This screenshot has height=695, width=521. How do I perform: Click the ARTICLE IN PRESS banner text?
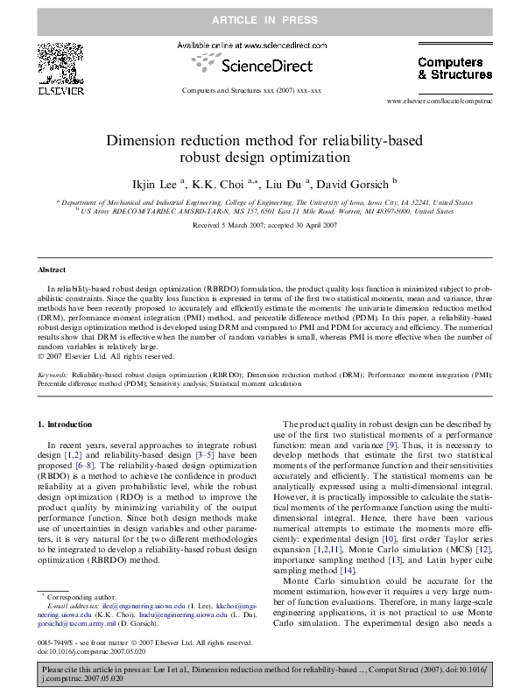tap(260, 19)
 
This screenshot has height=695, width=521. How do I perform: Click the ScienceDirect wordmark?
tap(259, 66)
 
